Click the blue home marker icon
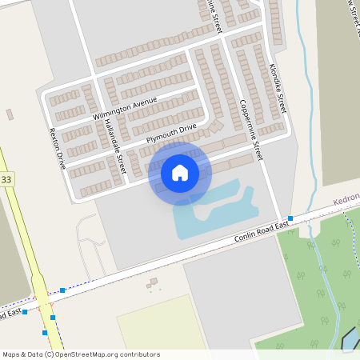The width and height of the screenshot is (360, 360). [180, 172]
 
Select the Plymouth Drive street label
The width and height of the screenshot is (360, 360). [170, 134]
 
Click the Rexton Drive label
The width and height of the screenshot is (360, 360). [56, 148]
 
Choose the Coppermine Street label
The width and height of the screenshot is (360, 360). [250, 129]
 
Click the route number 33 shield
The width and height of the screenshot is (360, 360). [6, 179]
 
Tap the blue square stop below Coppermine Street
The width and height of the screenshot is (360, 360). [290, 218]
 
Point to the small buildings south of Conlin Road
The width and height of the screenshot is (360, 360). [151, 283]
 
